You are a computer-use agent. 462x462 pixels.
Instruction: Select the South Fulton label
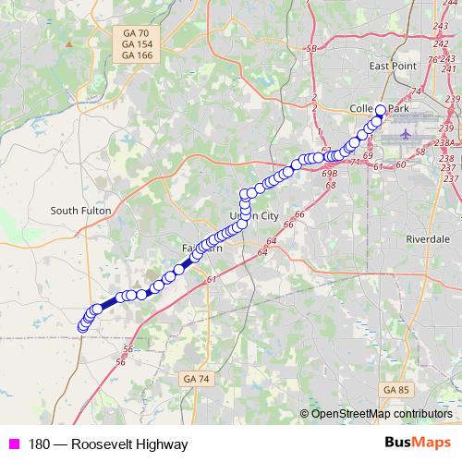80,211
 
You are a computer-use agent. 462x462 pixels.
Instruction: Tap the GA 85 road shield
395,389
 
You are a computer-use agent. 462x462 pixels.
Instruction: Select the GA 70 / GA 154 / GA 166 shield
137,44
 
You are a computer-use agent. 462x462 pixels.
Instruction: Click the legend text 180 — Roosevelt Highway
108,444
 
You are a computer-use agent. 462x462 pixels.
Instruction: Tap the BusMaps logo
418,444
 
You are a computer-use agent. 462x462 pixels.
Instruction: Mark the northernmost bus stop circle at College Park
380,110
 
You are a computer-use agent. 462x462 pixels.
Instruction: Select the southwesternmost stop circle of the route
82,327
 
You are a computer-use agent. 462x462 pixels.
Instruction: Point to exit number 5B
311,48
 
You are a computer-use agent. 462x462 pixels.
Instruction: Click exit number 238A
447,143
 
